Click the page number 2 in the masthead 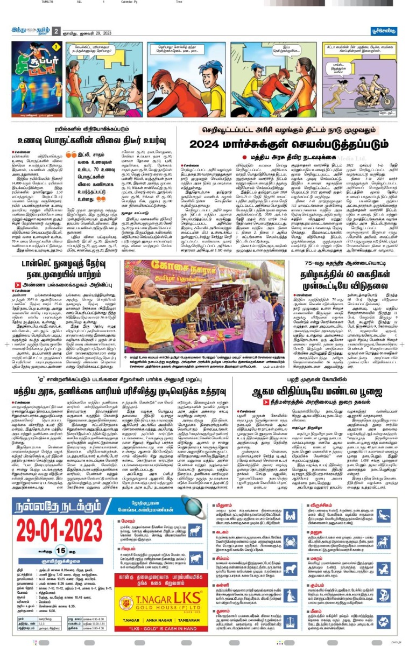click(56, 31)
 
